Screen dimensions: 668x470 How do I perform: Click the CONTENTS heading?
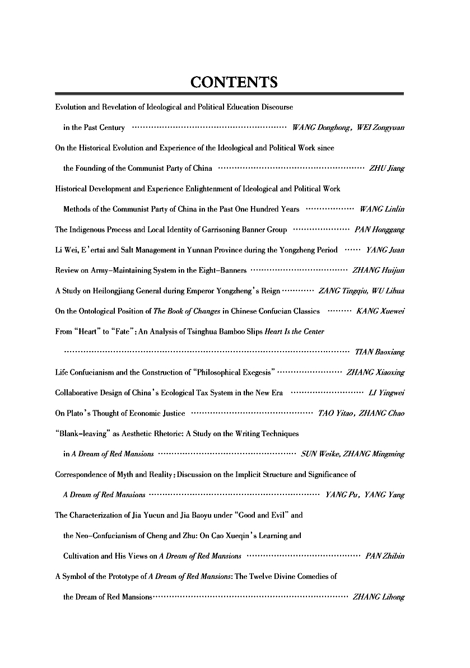(x=234, y=83)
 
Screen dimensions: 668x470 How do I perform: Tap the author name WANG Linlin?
(x=382, y=209)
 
